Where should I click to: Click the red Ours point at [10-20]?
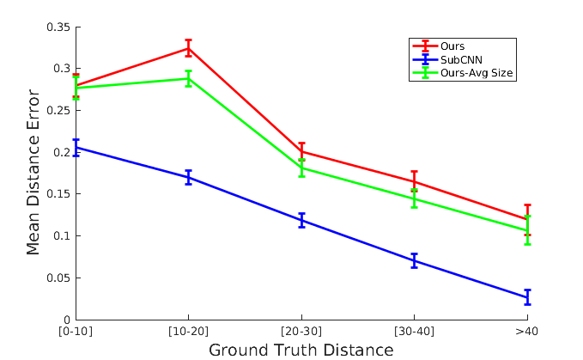click(189, 48)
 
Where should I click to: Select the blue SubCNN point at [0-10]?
click(76, 148)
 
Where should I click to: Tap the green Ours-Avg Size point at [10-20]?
click(189, 78)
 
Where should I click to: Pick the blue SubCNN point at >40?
click(527, 297)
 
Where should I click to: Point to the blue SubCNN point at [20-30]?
click(301, 221)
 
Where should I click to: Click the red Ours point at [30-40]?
click(415, 181)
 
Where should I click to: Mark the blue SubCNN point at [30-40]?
click(415, 260)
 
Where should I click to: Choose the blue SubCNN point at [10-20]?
click(189, 178)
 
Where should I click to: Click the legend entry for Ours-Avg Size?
click(477, 73)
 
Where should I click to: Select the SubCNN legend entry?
click(461, 59)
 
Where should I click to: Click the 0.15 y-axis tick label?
click(59, 194)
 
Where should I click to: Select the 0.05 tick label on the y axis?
click(59, 278)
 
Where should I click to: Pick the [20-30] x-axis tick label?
click(301, 332)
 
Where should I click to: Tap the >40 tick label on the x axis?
click(527, 332)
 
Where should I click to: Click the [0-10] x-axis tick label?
click(76, 332)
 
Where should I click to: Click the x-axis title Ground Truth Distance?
click(301, 350)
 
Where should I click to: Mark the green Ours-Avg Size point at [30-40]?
click(415, 198)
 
